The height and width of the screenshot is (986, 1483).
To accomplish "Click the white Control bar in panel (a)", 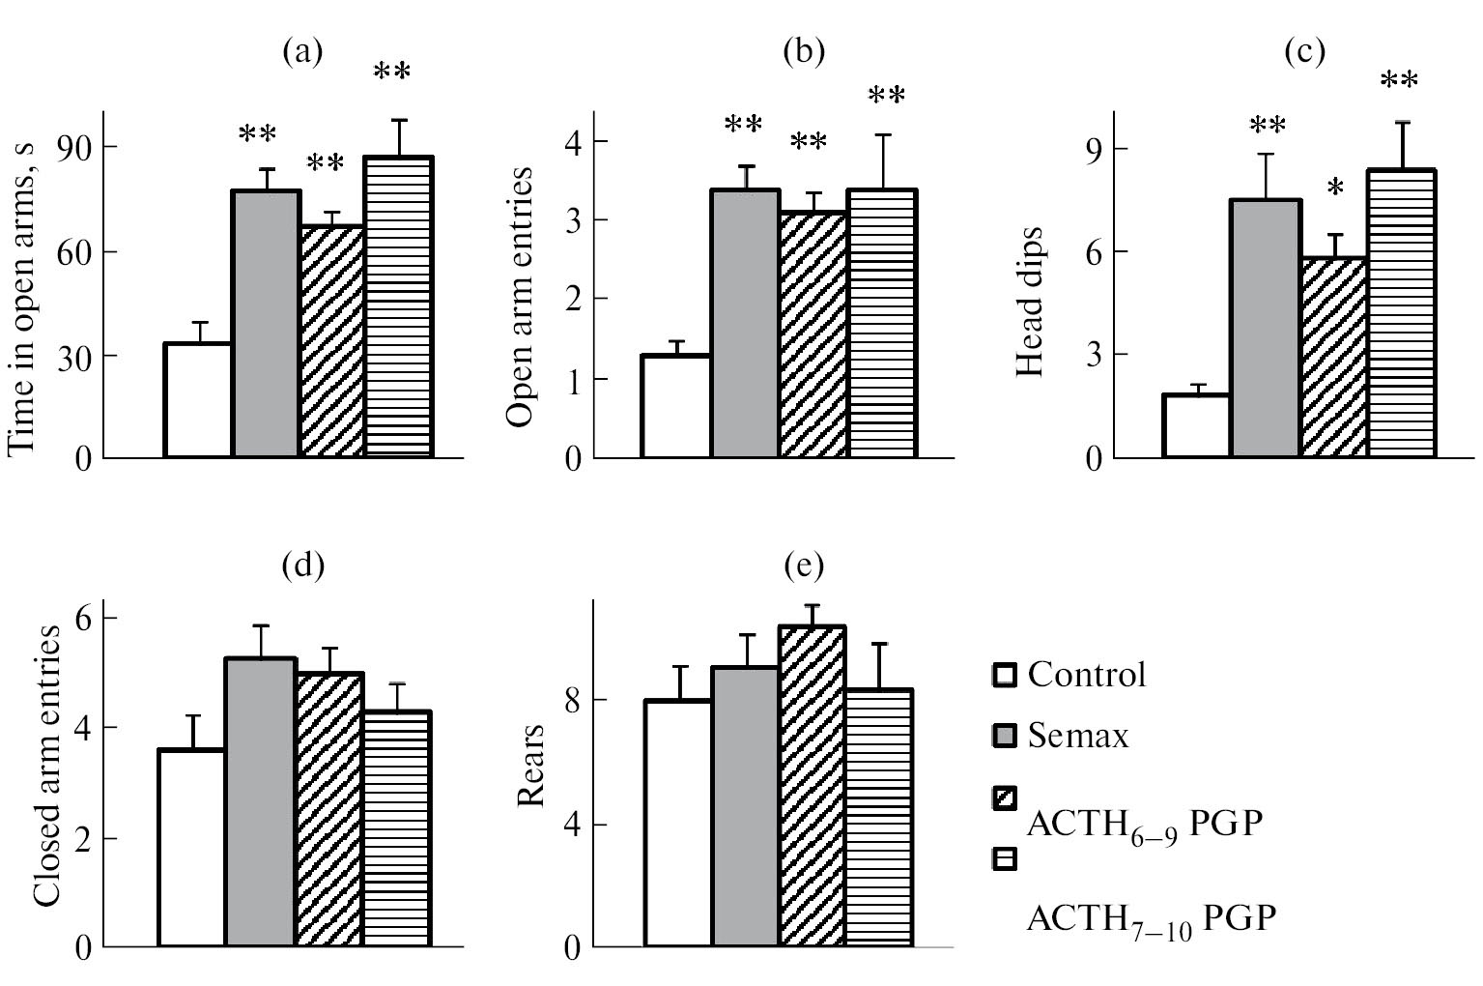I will click(x=198, y=399).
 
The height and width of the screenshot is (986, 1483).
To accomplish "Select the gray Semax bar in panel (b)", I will click(x=745, y=323).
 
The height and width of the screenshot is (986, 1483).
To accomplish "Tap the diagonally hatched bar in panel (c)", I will click(x=1334, y=357).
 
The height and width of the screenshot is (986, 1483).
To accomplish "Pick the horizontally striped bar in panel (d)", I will click(x=396, y=828).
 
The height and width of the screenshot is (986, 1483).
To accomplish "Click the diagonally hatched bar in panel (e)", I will click(x=812, y=786).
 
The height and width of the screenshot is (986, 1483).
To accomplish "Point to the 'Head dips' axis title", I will click(x=1029, y=303).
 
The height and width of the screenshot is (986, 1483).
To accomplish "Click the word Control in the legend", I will click(x=1087, y=674).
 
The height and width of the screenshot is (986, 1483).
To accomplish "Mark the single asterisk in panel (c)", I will click(x=1335, y=188).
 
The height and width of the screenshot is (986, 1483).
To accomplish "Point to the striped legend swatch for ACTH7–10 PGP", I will click(x=1006, y=859).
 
